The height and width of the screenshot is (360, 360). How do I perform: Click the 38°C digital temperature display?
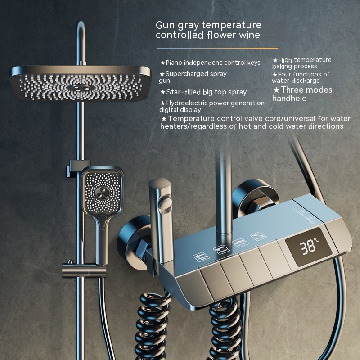(x=309, y=247)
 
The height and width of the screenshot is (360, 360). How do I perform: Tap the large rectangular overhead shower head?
(x=81, y=84)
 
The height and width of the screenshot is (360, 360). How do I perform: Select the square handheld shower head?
(x=103, y=190)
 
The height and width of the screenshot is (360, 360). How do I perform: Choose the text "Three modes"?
(x=306, y=90)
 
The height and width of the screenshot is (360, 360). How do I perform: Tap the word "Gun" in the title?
(x=164, y=25)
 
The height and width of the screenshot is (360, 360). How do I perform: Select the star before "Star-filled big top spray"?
(x=163, y=92)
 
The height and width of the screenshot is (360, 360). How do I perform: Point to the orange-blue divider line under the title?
(x=217, y=49)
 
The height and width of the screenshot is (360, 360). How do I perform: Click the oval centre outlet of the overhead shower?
(x=79, y=88)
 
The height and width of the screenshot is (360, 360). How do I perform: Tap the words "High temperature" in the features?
(x=305, y=60)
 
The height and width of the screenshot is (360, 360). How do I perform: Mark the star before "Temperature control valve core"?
(x=164, y=119)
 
